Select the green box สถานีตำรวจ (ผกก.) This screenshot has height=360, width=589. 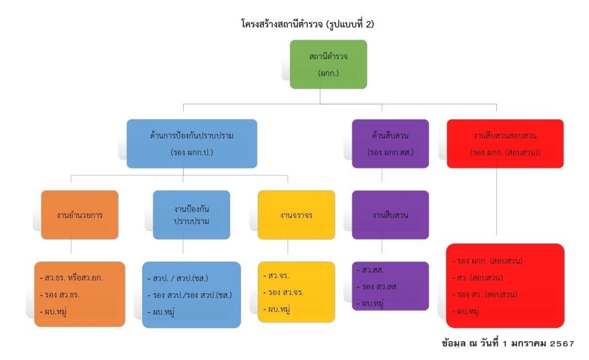[328, 64]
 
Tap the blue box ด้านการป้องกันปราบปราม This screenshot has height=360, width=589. [192, 144]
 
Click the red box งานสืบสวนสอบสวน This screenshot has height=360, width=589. [505, 144]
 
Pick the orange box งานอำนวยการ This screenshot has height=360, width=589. [79, 215]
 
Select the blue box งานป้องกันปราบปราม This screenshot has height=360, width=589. [192, 215]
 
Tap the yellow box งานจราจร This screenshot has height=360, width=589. [296, 215]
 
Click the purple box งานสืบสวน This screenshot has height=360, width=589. [391, 215]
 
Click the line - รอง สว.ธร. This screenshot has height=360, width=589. [62, 295]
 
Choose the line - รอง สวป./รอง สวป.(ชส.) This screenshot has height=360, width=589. [189, 295]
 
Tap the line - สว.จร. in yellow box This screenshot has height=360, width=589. [278, 275]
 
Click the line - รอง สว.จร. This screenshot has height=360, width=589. [284, 292]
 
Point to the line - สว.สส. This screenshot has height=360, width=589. [373, 270]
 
